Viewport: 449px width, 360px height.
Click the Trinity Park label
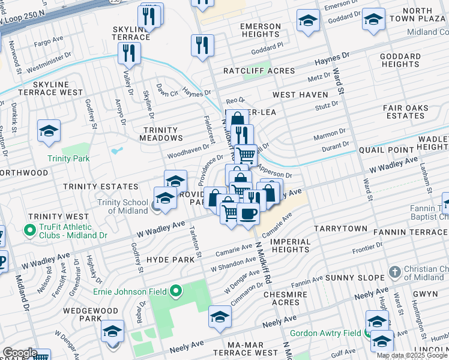(69, 158)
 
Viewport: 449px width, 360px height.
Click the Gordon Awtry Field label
(325, 333)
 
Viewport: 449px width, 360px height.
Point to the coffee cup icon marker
(247, 212)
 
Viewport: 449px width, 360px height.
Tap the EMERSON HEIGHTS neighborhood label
(260, 31)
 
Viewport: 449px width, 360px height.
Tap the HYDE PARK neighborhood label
(170, 260)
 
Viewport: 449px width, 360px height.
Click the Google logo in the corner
(20, 353)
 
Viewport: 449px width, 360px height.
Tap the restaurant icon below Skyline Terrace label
(129, 53)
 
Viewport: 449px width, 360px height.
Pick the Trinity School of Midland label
(127, 207)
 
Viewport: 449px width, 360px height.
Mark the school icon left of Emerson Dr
(308, 20)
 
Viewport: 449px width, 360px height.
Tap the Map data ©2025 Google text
(412, 355)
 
